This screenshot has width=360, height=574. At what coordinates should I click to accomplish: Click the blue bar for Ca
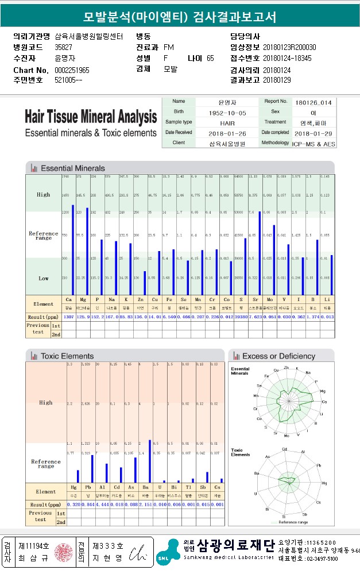pos(72,250)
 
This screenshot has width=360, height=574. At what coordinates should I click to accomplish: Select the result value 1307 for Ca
pos(68,317)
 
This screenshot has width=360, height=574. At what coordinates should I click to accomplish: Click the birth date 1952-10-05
pos(212,112)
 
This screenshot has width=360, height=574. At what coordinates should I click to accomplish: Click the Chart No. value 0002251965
pos(72,70)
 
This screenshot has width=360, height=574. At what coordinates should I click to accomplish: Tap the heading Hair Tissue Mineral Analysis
pos(91,117)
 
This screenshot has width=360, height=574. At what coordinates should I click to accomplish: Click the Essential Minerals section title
pos(73,168)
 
